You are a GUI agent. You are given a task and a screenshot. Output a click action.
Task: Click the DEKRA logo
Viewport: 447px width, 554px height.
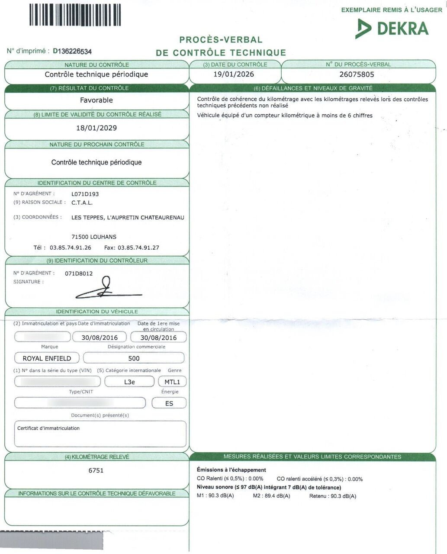tap(392, 29)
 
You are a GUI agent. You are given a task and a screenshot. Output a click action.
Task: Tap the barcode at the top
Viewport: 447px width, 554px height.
tap(75, 15)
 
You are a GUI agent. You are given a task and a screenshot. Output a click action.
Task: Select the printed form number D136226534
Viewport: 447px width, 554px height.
tap(72, 52)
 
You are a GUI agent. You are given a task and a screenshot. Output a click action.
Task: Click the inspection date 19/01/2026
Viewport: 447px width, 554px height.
tap(234, 74)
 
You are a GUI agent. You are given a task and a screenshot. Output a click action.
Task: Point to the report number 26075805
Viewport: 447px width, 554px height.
tap(357, 74)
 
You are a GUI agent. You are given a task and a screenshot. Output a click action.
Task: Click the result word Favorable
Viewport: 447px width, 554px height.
tap(96, 100)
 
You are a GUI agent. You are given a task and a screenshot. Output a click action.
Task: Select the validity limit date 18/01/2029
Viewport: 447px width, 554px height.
tap(96, 128)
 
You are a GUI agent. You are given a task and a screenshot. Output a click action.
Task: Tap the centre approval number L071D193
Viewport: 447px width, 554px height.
tap(85, 194)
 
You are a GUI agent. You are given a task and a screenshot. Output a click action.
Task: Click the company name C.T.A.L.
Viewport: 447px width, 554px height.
tap(82, 203)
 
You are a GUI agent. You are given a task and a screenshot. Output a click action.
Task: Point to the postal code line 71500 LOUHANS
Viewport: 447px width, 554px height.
tap(93, 237)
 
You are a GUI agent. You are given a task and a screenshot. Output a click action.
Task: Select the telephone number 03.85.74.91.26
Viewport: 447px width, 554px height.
tap(71, 248)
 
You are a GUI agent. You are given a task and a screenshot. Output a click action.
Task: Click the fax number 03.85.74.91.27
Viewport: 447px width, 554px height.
tap(138, 248)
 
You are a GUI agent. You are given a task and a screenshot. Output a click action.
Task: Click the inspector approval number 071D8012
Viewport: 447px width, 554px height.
tap(79, 274)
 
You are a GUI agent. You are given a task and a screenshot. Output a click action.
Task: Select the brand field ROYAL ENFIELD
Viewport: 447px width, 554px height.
tap(47, 358)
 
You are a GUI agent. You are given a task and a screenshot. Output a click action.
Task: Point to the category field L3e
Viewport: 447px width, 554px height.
tap(129, 382)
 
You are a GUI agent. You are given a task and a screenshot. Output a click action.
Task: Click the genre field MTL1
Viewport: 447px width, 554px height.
tap(172, 382)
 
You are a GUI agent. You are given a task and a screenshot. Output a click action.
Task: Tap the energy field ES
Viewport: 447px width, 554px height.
tap(169, 403)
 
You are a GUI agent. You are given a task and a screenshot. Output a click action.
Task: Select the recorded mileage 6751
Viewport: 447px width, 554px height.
tap(96, 470)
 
